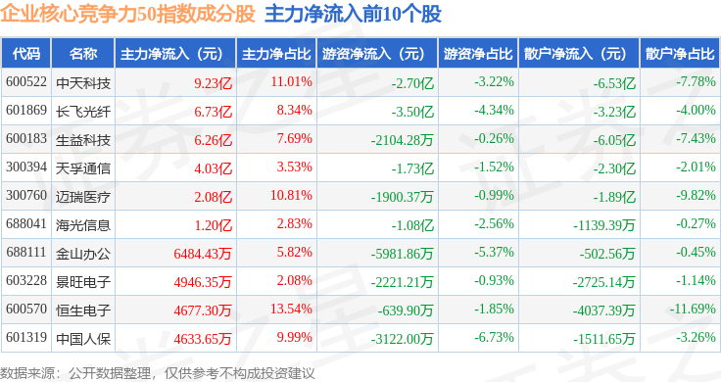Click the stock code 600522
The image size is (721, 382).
(26, 82)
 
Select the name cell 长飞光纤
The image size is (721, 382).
(83, 112)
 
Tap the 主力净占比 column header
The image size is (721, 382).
(276, 54)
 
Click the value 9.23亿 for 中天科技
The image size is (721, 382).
(213, 83)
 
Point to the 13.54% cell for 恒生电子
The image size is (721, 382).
(291, 309)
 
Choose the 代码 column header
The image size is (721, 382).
(26, 54)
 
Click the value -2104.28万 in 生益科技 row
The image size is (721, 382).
(403, 140)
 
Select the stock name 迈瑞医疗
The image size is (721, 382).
(83, 197)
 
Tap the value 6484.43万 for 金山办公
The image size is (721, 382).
(203, 254)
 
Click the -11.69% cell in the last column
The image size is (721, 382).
(693, 309)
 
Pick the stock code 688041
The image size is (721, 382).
(26, 224)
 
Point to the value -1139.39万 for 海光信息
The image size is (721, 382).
(603, 225)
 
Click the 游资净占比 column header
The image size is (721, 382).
(478, 54)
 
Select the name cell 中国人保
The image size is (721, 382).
(83, 339)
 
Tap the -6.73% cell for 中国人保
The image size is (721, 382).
(494, 337)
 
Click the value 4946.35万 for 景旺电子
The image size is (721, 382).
(203, 282)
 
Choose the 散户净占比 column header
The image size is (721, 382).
(680, 54)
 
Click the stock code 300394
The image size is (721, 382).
(26, 167)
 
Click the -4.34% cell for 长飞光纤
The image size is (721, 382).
(494, 111)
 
